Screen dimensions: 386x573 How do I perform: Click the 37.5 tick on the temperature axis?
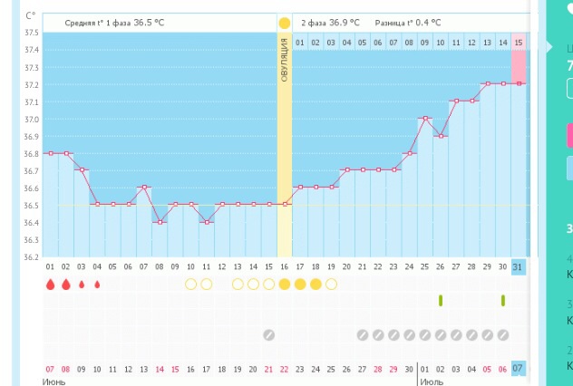click(x=31, y=33)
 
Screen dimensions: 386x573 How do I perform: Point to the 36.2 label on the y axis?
click(x=31, y=256)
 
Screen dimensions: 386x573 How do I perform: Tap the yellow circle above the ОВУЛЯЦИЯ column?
click(x=284, y=22)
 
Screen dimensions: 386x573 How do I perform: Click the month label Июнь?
click(x=54, y=381)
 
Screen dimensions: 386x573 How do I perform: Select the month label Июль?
click(x=432, y=381)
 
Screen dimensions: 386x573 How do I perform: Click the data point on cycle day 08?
click(x=160, y=222)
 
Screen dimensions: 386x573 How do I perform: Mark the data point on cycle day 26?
click(x=440, y=136)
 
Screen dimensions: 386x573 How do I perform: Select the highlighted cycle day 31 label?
click(x=518, y=267)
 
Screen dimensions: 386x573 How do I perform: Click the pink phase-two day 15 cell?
click(x=518, y=42)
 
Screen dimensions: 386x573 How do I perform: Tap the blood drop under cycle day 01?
click(x=51, y=285)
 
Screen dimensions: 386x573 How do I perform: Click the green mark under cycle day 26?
click(x=440, y=300)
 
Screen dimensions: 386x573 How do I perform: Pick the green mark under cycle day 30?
click(x=502, y=300)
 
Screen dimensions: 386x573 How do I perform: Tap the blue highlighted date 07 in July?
click(x=518, y=369)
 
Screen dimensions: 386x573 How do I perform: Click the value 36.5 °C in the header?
click(x=162, y=23)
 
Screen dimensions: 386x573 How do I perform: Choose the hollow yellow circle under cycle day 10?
click(x=190, y=285)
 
